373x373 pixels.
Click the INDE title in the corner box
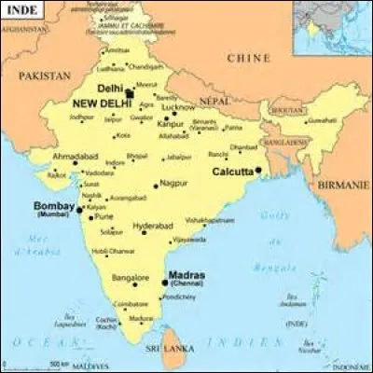pos(19,10)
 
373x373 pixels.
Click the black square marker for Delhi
pos(130,93)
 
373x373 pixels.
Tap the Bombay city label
pos(52,205)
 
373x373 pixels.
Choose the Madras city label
pos(185,274)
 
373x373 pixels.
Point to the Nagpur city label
pos(173,184)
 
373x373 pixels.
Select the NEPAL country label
pos(215,100)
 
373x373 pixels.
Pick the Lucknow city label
pos(178,107)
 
